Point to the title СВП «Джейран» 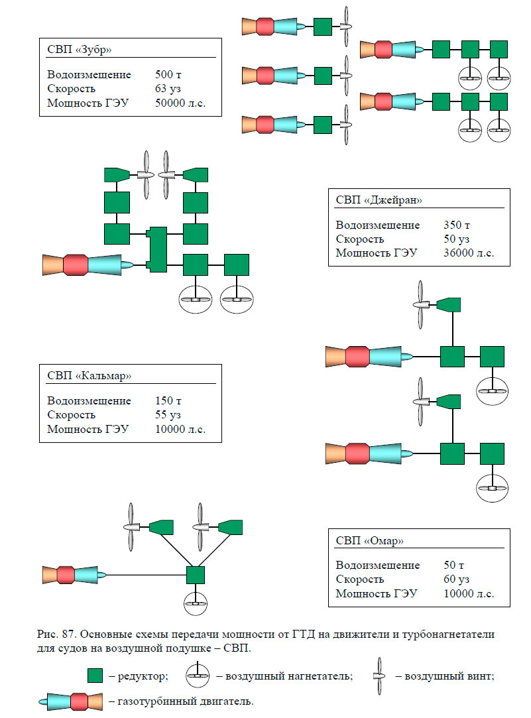(x=379, y=200)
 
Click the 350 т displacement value (x=456, y=225)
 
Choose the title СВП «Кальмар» (x=89, y=375)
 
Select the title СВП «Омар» (x=369, y=541)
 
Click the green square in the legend (x=95, y=676)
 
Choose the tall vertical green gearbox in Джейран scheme (x=157, y=249)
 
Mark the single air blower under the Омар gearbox (x=195, y=603)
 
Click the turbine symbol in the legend (x=72, y=701)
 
